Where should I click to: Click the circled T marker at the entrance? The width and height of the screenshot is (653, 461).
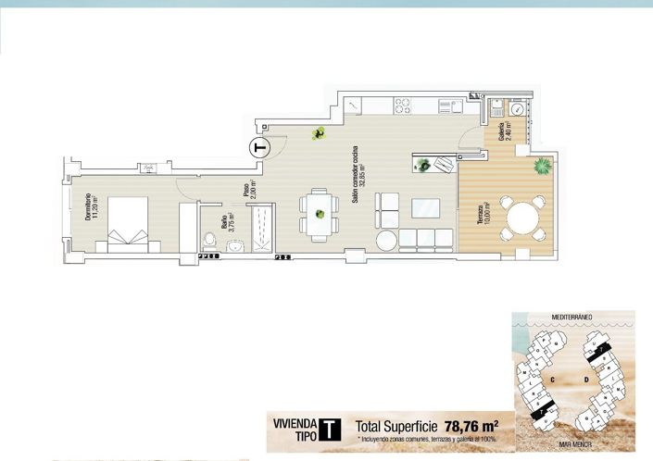coord(259,146)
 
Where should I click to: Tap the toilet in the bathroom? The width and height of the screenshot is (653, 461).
coord(209,243)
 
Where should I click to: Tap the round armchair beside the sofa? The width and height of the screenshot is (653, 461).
coord(386,239)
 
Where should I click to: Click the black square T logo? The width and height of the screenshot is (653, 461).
coord(328,429)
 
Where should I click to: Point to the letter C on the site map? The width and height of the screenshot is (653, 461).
coord(551,379)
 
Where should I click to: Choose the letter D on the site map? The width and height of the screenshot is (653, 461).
coord(587,379)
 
